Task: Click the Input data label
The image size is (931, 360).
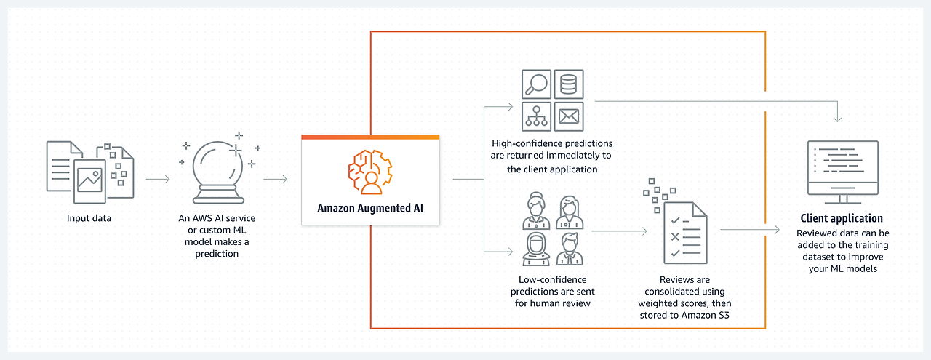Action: pyautogui.click(x=90, y=218)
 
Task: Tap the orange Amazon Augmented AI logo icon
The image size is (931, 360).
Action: pyautogui.click(x=369, y=172)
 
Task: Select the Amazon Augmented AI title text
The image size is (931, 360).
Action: pyautogui.click(x=369, y=208)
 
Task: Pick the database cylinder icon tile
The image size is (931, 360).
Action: pyautogui.click(x=568, y=84)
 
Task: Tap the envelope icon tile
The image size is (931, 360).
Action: pyautogui.click(x=568, y=116)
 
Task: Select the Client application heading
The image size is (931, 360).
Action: pyautogui.click(x=842, y=218)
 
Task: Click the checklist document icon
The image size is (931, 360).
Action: pyautogui.click(x=683, y=233)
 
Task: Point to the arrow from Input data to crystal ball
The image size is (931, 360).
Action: pyautogui.click(x=158, y=178)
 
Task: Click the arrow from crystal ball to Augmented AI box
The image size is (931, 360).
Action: pyautogui.click(x=275, y=178)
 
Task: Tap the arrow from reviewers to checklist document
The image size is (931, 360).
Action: pyautogui.click(x=619, y=232)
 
